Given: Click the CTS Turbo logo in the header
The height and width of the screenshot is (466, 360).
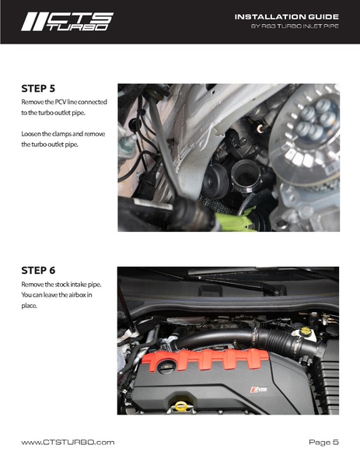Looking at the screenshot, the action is tap(67, 22).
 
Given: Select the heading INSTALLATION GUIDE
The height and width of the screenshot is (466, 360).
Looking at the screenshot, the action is tap(286, 16).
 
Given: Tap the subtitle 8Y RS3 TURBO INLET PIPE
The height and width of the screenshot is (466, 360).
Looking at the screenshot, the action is tap(295, 26).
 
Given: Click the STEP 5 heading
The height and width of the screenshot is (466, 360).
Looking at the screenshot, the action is tap(38, 89).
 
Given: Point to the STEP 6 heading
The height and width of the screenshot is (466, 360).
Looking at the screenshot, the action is tap(38, 271).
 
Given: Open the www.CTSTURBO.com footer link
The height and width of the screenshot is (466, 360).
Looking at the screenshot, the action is tap(68, 442).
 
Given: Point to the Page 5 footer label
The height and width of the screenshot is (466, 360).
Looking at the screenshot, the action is tap(323, 442).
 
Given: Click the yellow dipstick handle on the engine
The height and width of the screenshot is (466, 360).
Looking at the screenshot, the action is tap(180, 406).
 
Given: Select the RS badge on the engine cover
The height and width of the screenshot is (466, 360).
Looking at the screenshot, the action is tap(258, 389).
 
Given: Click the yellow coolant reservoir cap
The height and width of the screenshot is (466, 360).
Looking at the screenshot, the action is tap(305, 331).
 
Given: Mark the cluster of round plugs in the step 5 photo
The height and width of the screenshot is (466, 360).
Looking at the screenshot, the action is tap(316, 120).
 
